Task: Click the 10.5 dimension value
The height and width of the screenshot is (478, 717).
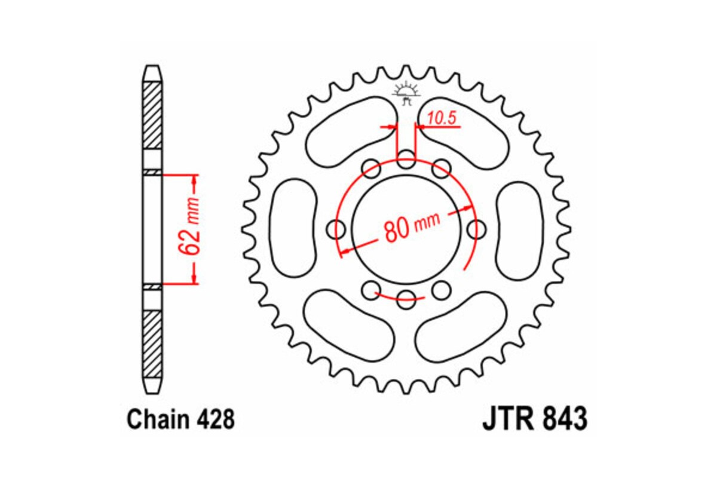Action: coord(442,118)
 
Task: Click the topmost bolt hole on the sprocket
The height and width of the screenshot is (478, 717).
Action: coord(407,160)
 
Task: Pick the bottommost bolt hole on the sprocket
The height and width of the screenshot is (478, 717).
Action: coord(407,298)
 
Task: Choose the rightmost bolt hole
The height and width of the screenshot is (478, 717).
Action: coord(476,228)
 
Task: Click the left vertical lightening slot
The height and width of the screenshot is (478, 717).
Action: coord(293,228)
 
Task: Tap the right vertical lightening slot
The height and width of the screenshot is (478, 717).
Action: coord(520,228)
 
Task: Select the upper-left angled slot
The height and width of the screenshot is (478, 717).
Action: coord(350,131)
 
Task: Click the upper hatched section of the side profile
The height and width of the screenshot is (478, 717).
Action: coord(152,114)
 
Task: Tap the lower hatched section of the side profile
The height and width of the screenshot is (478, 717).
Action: coord(152,344)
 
